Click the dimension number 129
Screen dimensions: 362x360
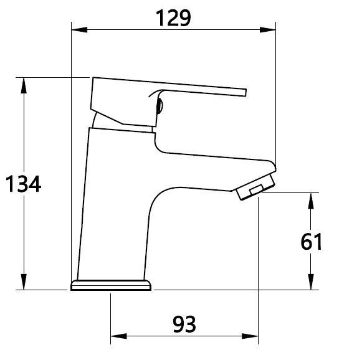tap(173, 18)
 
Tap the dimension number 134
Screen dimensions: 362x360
tap(23, 184)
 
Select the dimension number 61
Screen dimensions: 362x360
tap(311, 242)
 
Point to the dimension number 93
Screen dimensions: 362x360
tap(184, 324)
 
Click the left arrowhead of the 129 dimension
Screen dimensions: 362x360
tap(79, 30)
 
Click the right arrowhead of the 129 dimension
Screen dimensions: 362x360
tap(267, 30)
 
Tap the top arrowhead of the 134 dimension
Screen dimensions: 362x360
tap(24, 85)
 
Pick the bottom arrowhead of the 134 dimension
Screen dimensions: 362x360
tap(24, 282)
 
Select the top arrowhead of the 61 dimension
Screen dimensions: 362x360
tap(311, 201)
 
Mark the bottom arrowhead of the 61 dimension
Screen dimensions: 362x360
tap(311, 282)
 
